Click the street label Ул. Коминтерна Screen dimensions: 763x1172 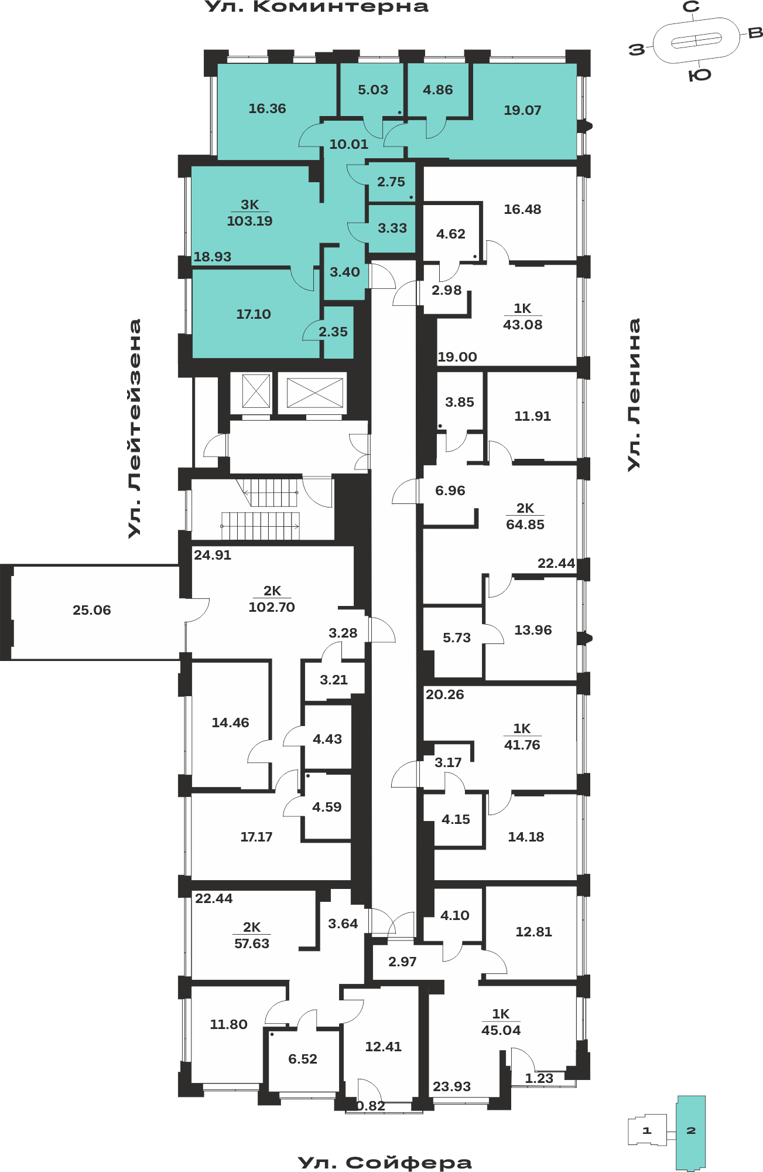click(x=317, y=7)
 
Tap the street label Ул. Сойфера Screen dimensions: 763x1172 click(x=385, y=1163)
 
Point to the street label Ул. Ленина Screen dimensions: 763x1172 click(x=634, y=394)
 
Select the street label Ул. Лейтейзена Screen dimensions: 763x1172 click(x=135, y=428)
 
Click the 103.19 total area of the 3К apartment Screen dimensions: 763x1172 click(x=249, y=221)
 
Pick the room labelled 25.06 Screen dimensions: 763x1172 click(x=92, y=610)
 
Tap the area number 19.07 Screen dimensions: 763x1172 click(x=522, y=110)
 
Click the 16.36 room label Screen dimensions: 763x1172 click(x=267, y=108)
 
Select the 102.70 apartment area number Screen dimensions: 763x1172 click(x=272, y=607)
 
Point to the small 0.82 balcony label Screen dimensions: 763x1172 click(x=371, y=1106)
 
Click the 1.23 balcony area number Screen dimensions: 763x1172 click(x=539, y=1078)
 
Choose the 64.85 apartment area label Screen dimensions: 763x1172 click(x=525, y=524)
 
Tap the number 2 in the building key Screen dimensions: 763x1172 click(x=691, y=1130)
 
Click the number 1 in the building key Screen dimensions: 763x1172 click(x=646, y=1130)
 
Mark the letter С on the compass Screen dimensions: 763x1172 click(x=692, y=7)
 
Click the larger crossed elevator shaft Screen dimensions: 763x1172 click(x=315, y=393)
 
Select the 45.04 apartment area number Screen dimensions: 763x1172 click(x=501, y=1030)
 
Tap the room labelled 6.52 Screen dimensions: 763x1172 click(x=303, y=1059)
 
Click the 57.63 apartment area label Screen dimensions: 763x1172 click(x=252, y=943)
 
